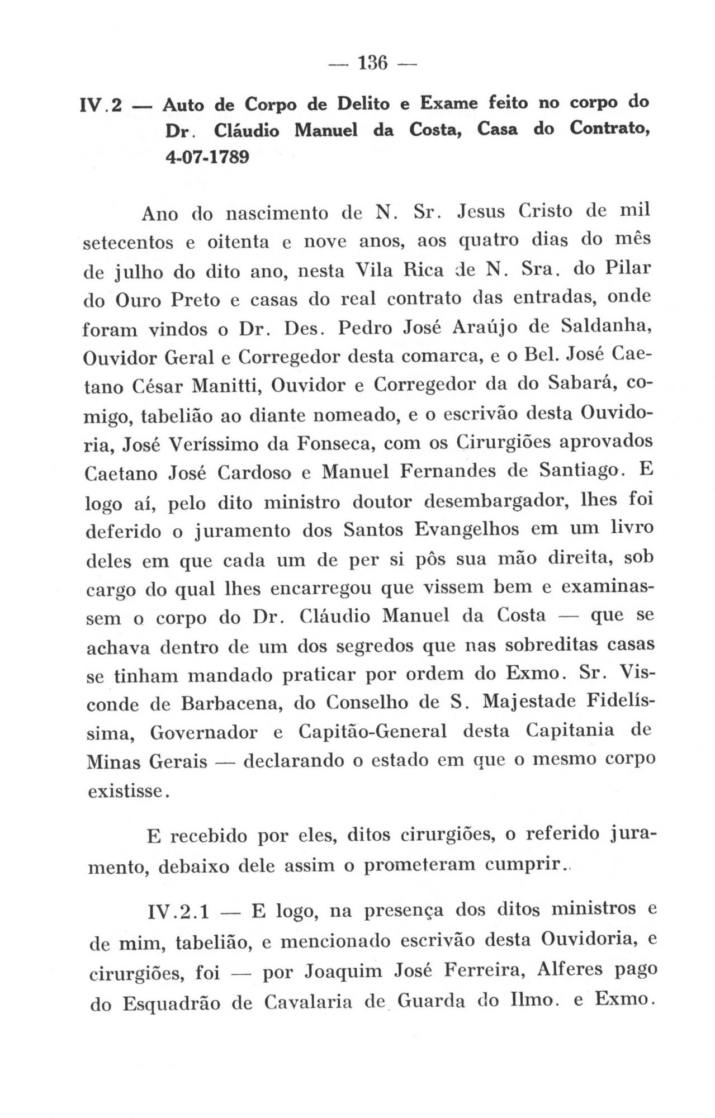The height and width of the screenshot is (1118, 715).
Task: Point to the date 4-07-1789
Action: pyautogui.click(x=207, y=157)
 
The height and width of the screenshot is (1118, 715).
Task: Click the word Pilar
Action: pyautogui.click(x=628, y=268)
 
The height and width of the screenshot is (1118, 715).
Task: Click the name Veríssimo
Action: pyautogui.click(x=214, y=444)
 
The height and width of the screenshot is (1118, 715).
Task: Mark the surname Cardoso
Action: pyautogui.click(x=255, y=473)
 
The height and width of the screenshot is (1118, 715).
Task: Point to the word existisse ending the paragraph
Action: pyautogui.click(x=126, y=792)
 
